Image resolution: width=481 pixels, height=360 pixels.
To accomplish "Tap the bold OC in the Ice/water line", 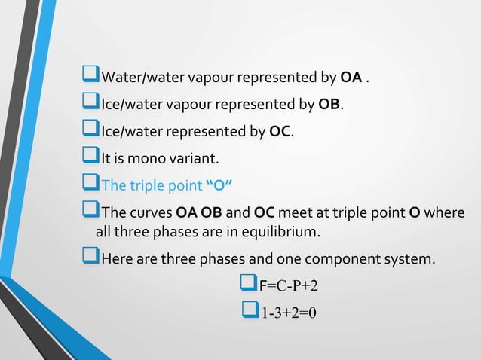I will click(280, 133).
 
